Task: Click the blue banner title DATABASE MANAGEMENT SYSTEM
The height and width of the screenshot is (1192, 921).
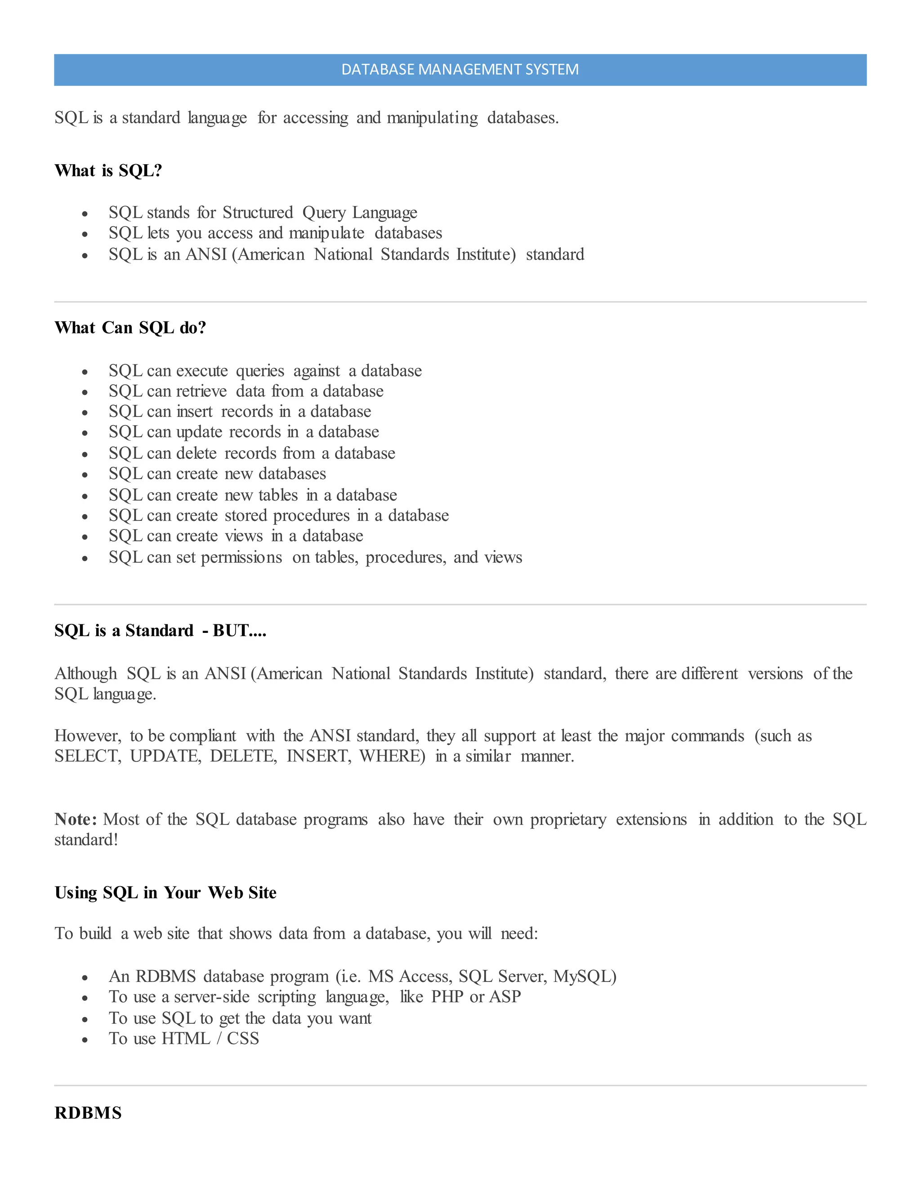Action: [x=460, y=70]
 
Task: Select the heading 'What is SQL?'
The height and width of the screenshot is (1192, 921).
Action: [x=108, y=171]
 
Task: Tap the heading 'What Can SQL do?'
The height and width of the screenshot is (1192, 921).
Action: [x=130, y=327]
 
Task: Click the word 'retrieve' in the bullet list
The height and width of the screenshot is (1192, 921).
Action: [x=201, y=391]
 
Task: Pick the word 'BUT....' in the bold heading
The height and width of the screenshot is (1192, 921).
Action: [x=240, y=631]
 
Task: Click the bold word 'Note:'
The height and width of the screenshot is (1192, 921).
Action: [x=76, y=819]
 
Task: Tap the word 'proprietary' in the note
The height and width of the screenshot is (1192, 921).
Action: [x=568, y=820]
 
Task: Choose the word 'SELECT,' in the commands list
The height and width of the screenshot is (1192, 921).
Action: [x=88, y=757]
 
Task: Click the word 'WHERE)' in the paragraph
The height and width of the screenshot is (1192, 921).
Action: [x=392, y=757]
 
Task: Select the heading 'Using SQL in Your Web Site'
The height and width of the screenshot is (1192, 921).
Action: [x=165, y=893]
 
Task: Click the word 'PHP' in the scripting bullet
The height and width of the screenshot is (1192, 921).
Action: [x=447, y=997]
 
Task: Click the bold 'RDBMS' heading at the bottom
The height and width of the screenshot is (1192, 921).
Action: [x=88, y=1113]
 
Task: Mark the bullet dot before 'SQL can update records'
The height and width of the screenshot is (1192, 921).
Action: [x=85, y=433]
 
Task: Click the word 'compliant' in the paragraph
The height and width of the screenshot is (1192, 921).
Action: [x=202, y=736]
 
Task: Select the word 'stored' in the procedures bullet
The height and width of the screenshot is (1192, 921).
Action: [x=245, y=516]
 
